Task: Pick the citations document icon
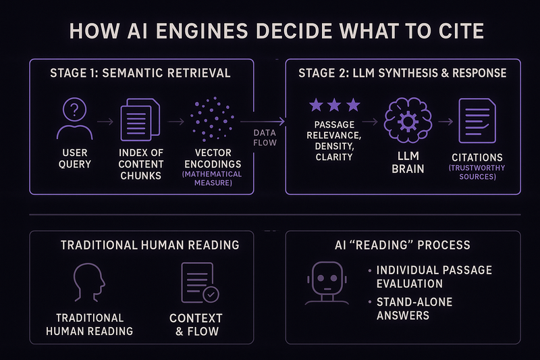point(477,120)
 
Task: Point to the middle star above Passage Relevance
point(335,105)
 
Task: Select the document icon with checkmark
point(200,282)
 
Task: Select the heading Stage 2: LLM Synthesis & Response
point(402,73)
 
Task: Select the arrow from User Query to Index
point(105,122)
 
